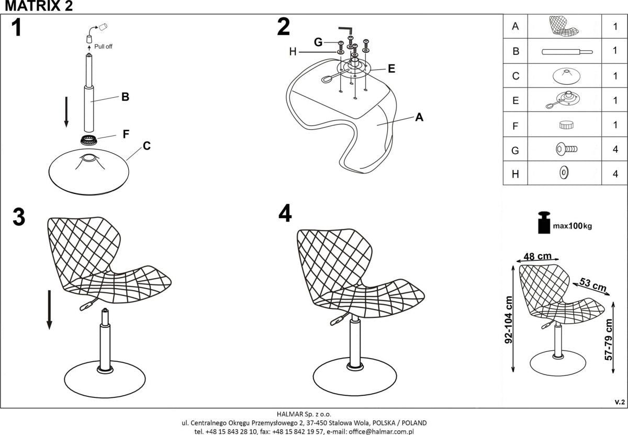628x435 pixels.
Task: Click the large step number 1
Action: click(17, 28)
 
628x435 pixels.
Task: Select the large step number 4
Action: click(285, 213)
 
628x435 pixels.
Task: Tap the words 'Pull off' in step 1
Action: click(104, 47)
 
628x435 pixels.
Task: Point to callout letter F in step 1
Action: click(126, 134)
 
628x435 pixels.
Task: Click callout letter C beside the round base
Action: click(147, 146)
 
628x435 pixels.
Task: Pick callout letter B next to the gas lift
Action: click(125, 97)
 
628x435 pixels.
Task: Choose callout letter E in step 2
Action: click(391, 68)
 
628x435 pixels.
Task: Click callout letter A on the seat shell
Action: click(419, 118)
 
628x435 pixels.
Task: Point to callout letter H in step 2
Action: click(293, 52)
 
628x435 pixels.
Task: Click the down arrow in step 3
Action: click(49, 310)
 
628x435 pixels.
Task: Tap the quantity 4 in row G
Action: click(615, 151)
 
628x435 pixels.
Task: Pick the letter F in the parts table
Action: click(516, 126)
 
